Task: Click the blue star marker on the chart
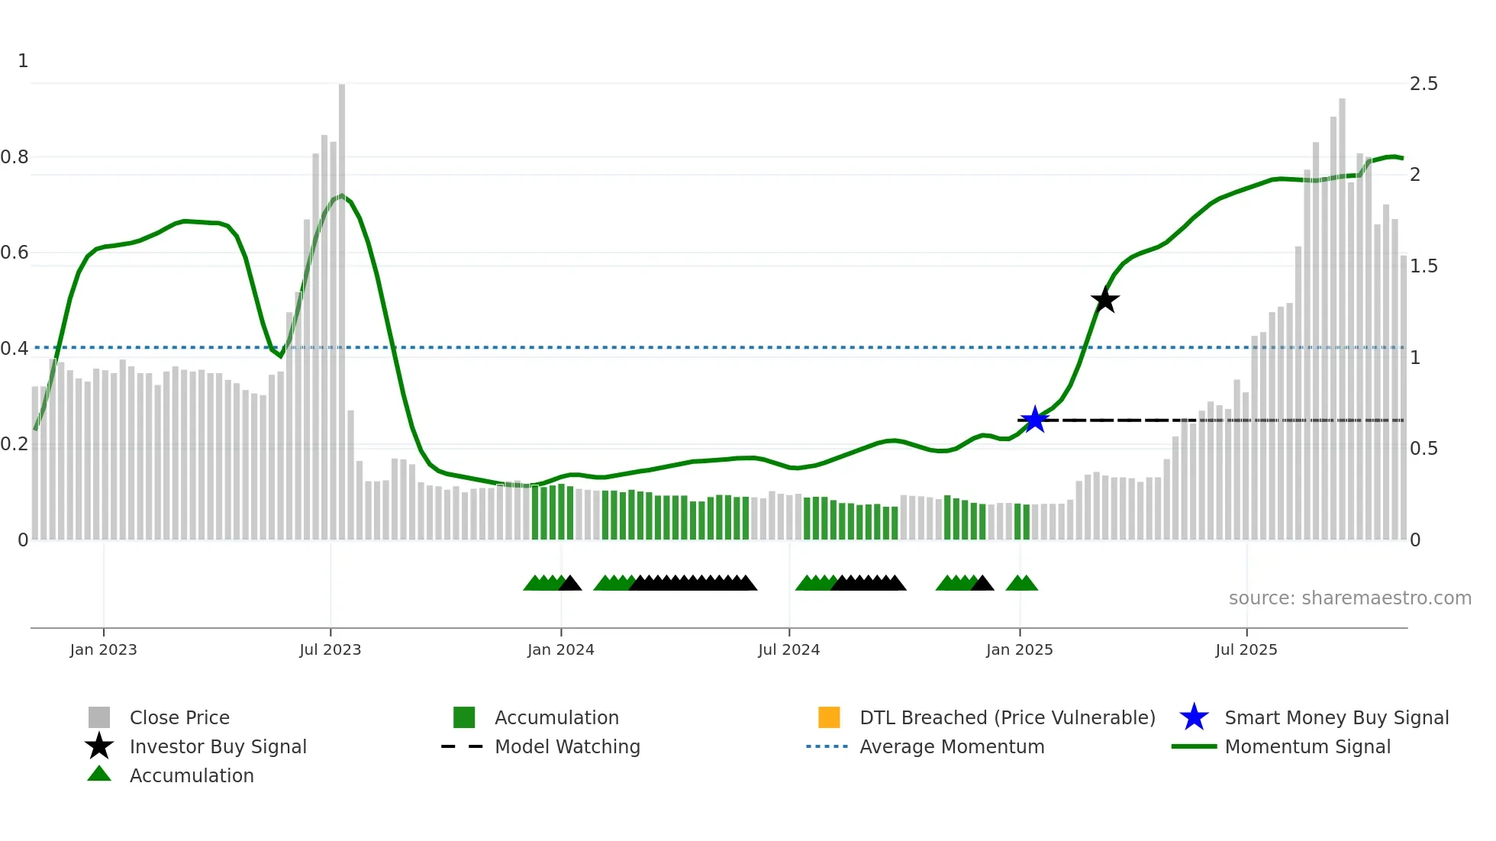[x=1034, y=420]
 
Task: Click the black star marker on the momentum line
[x=1104, y=300]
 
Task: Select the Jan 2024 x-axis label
[x=560, y=649]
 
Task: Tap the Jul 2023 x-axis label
[x=330, y=649]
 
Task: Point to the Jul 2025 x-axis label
[x=1246, y=649]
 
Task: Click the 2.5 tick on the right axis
[x=1423, y=84]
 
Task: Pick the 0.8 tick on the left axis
[x=15, y=157]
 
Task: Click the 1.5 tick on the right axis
[x=1423, y=266]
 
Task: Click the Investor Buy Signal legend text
[x=218, y=746]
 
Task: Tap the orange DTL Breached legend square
[x=829, y=717]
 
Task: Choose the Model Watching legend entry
[x=566, y=746]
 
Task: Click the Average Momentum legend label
[x=951, y=746]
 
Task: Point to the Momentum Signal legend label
[x=1307, y=746]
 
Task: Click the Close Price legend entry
[x=179, y=717]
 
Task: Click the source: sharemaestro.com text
[x=1349, y=598]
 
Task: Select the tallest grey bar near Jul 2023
[x=342, y=305]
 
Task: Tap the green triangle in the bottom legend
[x=99, y=774]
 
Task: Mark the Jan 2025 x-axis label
[x=1019, y=649]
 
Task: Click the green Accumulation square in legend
[x=464, y=717]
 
